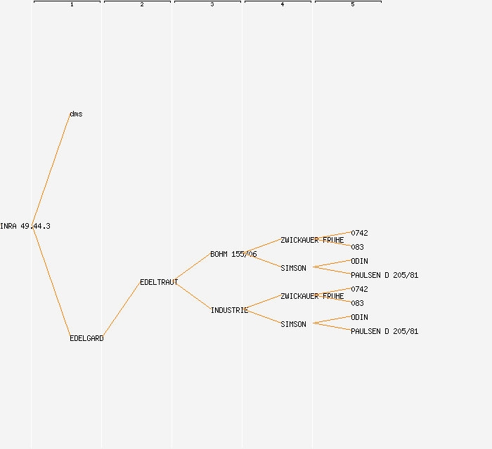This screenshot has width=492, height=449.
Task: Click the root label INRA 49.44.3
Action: point(25,226)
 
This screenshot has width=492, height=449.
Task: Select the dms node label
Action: point(76,114)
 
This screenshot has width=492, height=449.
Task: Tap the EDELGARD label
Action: point(86,338)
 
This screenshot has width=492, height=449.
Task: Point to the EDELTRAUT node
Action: point(159,282)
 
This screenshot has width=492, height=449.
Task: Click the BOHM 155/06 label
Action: point(233,254)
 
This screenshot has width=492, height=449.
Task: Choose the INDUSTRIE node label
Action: point(229,310)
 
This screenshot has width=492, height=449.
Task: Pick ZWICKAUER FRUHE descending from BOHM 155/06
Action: point(312,240)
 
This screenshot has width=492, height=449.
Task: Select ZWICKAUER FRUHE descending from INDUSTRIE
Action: point(312,296)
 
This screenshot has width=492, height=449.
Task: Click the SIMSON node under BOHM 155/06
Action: point(293,268)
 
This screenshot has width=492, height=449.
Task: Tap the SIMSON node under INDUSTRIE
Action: point(293,324)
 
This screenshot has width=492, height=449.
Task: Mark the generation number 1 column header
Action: point(72,5)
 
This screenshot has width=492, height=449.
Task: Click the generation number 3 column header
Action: point(212,5)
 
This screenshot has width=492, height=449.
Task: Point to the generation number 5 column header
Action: point(353,5)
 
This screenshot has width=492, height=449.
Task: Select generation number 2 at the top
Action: point(142,5)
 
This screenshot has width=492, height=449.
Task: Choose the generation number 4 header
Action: point(283,5)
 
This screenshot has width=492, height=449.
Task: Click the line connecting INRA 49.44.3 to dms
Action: point(51,170)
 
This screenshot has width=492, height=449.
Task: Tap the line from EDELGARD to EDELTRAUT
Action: point(122,310)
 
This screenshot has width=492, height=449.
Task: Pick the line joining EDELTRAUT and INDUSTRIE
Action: point(193,296)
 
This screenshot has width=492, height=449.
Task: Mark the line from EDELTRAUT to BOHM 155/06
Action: point(193,268)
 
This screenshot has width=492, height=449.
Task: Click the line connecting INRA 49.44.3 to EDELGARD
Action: point(51,282)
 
